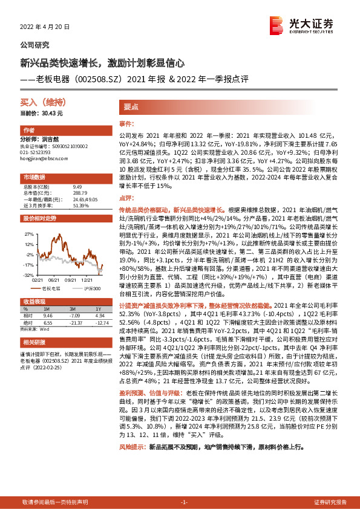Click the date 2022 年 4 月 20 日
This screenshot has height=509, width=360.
pos(45,28)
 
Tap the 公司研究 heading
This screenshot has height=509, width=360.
pos(35,45)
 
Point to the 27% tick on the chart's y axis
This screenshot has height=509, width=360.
pos(28,233)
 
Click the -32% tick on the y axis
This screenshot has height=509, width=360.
pos(28,274)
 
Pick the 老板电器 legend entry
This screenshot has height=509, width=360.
pos(50,289)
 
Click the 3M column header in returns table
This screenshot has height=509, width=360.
pos(76,309)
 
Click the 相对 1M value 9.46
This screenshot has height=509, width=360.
pos(48,316)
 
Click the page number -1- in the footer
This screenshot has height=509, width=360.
pos(185,502)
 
